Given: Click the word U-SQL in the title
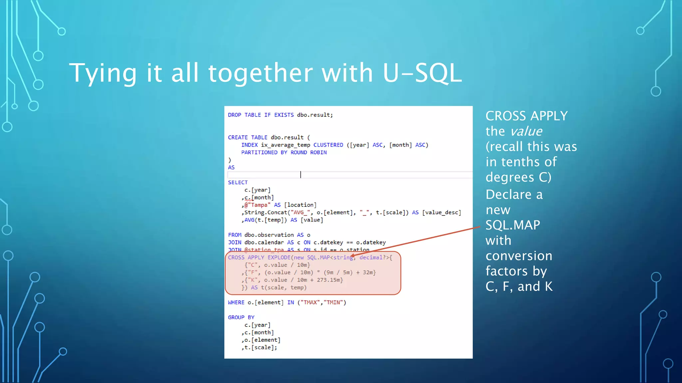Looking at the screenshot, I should (422, 73).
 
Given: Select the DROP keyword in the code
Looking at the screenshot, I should (234, 115).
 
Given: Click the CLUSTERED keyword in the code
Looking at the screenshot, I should (328, 145).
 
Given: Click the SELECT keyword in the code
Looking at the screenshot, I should (238, 183).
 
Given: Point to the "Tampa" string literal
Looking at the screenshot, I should (259, 205).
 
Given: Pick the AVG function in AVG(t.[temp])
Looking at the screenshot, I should (249, 220).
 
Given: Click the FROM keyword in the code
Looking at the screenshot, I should (234, 235).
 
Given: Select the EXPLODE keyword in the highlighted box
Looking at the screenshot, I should (279, 258).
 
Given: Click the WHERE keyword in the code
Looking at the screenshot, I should (236, 303).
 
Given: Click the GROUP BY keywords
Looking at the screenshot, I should (241, 318).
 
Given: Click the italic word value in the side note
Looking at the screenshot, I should (526, 131).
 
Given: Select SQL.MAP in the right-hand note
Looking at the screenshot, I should (512, 225).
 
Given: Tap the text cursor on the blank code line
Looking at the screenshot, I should (300, 175).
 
